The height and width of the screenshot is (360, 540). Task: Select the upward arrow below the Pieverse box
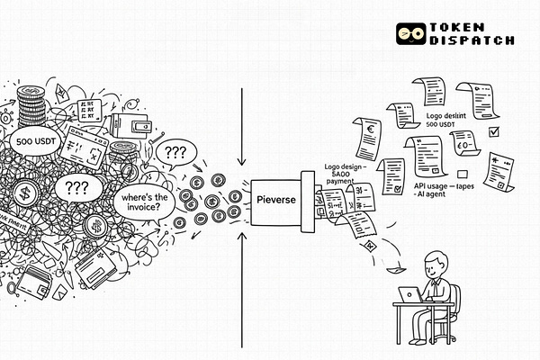click(x=243, y=270)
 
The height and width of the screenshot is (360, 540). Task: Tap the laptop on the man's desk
click(x=410, y=293)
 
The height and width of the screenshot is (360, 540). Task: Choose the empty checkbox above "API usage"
click(x=463, y=173)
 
